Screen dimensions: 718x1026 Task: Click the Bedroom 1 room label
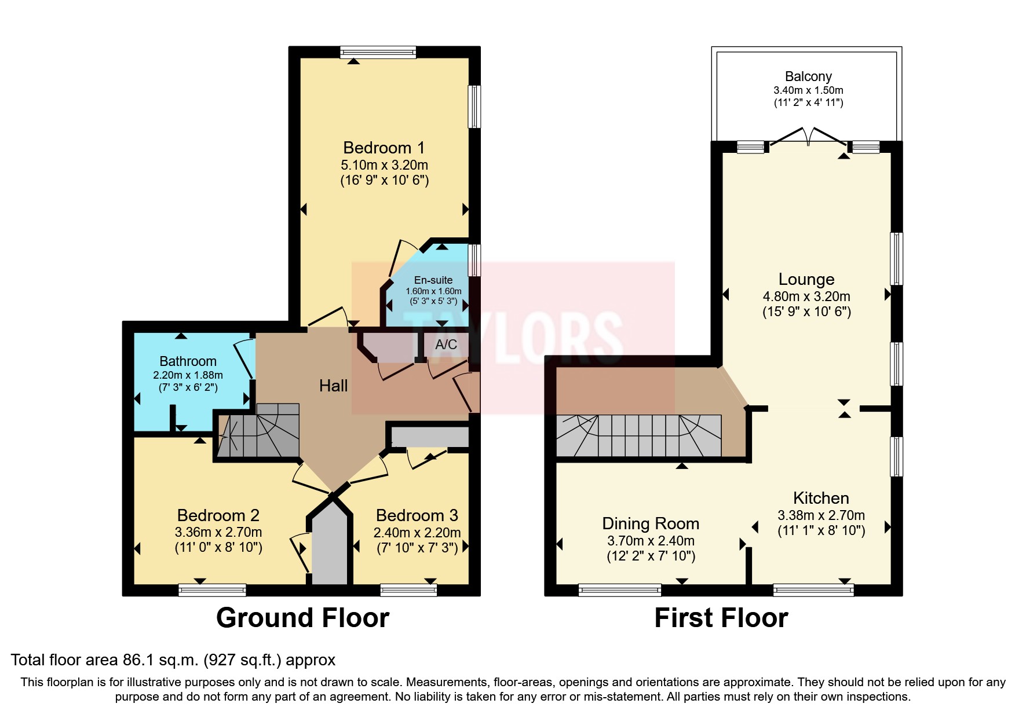pyautogui.click(x=384, y=148)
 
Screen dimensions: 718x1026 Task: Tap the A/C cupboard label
pyautogui.click(x=446, y=345)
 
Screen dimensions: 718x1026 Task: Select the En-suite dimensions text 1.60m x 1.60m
pyautogui.click(x=433, y=291)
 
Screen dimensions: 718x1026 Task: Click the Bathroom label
pyautogui.click(x=188, y=361)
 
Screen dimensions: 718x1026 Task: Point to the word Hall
pyautogui.click(x=333, y=386)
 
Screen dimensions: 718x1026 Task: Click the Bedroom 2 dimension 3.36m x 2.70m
pyautogui.click(x=218, y=532)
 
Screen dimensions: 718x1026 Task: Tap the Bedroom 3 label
pyautogui.click(x=417, y=515)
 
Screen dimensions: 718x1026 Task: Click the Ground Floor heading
pyautogui.click(x=302, y=618)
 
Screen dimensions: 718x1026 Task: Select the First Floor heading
pyautogui.click(x=721, y=618)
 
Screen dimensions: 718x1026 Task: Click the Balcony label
pyautogui.click(x=808, y=76)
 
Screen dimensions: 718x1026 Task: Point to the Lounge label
pyautogui.click(x=806, y=279)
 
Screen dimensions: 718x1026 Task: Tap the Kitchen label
pyautogui.click(x=820, y=498)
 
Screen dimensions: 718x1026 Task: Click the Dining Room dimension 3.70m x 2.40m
pyautogui.click(x=651, y=541)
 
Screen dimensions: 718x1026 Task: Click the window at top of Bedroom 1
pyautogui.click(x=378, y=52)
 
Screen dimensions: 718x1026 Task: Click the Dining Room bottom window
pyautogui.click(x=619, y=590)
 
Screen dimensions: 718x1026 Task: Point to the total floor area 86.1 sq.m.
pyautogui.click(x=173, y=660)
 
